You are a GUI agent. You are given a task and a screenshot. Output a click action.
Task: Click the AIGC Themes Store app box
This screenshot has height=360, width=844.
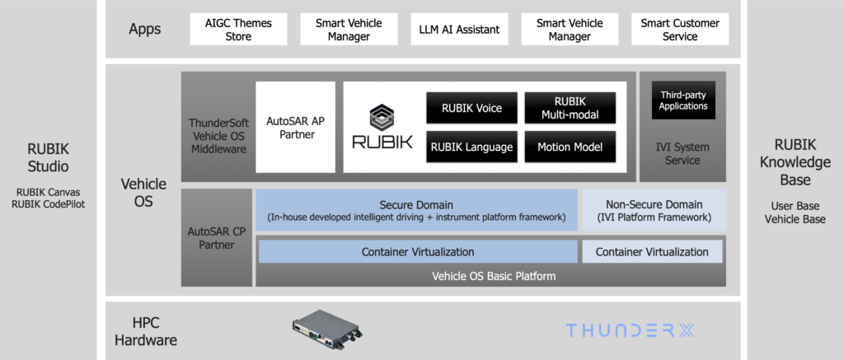pos(238,30)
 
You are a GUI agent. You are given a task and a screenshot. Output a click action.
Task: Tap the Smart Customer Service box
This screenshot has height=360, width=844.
pos(680,30)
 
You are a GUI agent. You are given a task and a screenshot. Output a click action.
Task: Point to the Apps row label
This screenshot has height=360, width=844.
pos(145,30)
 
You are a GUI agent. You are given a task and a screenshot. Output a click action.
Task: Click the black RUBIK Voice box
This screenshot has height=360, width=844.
pos(471,108)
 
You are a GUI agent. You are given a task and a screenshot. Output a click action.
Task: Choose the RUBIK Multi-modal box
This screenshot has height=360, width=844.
pos(570,108)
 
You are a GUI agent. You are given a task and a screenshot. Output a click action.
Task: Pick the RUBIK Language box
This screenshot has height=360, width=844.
pos(471,147)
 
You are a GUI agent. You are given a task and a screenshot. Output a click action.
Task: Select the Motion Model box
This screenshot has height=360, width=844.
pos(570,147)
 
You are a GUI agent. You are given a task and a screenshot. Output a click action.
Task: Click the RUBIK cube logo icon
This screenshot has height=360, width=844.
pos(382,116)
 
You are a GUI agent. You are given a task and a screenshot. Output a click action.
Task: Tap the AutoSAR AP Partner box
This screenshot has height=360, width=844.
pos(295,127)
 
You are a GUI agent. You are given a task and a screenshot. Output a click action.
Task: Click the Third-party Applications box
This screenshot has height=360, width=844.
pos(683,101)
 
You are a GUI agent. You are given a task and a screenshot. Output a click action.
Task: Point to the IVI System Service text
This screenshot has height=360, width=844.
pos(682,154)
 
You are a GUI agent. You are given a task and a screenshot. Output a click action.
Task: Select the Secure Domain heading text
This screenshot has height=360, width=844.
pos(416,204)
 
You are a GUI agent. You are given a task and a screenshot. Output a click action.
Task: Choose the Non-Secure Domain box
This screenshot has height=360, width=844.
pos(654,210)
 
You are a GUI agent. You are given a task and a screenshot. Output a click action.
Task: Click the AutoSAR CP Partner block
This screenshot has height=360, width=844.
pos(217,237)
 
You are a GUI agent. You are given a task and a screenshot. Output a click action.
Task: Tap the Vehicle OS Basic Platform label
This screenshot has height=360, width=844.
pos(494,276)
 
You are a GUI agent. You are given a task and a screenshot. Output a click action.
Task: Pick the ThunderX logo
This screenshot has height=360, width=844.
pos(631,330)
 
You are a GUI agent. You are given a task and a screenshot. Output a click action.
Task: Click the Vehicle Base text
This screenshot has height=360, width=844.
pos(795,219)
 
